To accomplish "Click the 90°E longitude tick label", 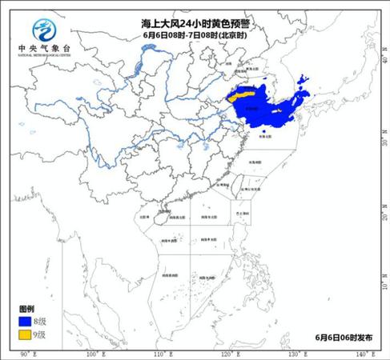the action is pyautogui.click(x=24, y=354).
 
